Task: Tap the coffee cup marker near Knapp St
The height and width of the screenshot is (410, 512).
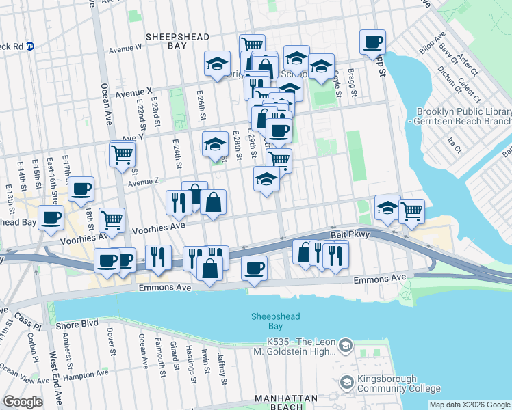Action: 372,42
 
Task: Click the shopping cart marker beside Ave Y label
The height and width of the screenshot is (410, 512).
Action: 122,154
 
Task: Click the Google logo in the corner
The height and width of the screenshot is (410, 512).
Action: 23,402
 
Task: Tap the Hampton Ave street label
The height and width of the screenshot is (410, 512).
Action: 86,374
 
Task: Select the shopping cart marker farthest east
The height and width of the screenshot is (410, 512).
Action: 411,210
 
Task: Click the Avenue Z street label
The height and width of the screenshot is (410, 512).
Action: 142,182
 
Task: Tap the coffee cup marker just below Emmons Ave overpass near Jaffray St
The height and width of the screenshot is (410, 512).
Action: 255,266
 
